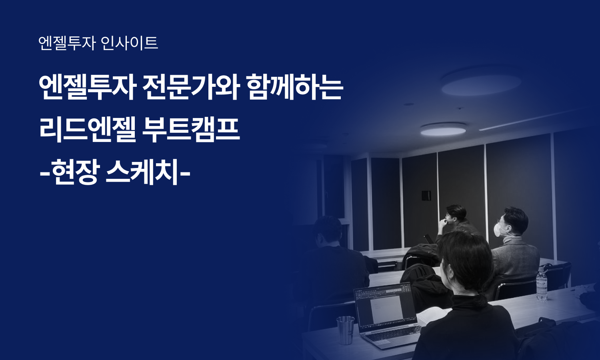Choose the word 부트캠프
191,130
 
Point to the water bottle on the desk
542,284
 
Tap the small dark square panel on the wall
426,196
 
